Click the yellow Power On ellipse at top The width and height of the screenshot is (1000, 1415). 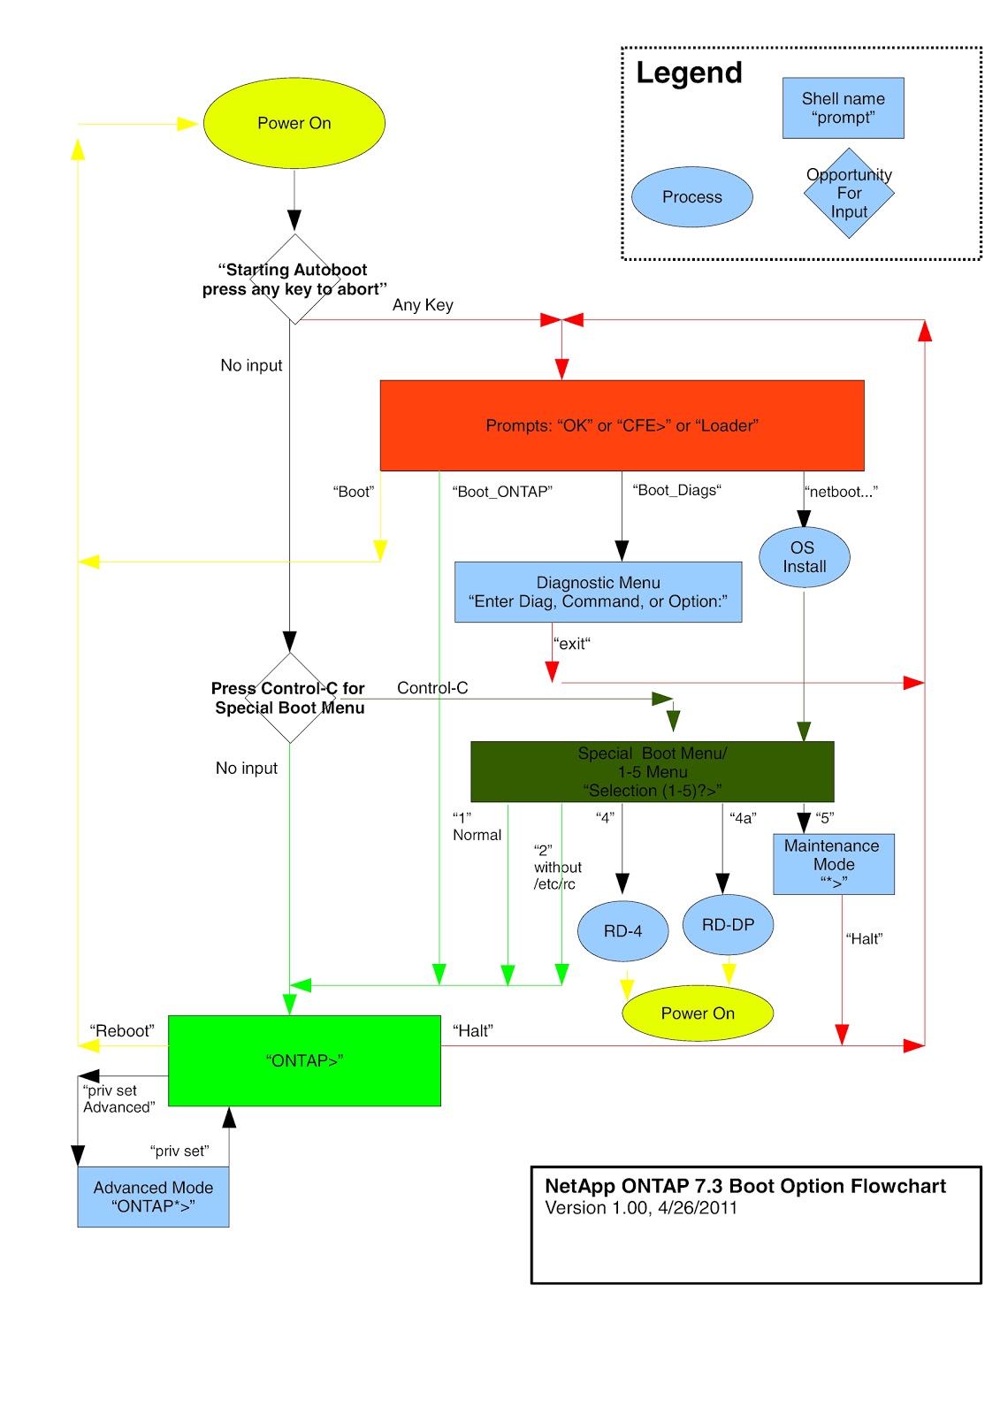pos(294,124)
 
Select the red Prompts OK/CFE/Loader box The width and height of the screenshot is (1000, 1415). pos(622,425)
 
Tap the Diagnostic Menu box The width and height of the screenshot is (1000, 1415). pos(598,592)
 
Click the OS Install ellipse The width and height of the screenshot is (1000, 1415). pos(804,557)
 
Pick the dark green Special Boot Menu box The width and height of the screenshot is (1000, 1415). pos(652,771)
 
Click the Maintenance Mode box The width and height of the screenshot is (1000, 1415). pos(833,864)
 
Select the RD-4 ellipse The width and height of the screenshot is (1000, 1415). pos(622,931)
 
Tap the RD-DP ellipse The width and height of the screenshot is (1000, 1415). pos(728,925)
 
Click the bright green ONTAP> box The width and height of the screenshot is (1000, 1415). pos(304,1060)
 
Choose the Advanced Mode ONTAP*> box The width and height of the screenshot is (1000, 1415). pos(153,1197)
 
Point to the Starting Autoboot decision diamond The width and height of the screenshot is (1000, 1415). pos(294,279)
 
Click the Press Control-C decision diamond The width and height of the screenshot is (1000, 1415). pos(289,698)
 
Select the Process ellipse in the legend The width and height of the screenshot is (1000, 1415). pos(691,197)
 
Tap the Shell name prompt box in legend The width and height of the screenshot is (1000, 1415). pos(843,108)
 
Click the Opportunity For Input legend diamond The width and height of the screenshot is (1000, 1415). pos(849,194)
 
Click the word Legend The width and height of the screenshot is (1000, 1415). pos(689,73)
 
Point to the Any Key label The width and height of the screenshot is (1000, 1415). pos(423,305)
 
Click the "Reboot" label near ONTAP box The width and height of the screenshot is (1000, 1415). pos(121,1031)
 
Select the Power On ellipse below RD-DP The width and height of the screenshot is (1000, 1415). pos(698,1013)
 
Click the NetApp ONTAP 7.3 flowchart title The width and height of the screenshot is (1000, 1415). pos(744,1186)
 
